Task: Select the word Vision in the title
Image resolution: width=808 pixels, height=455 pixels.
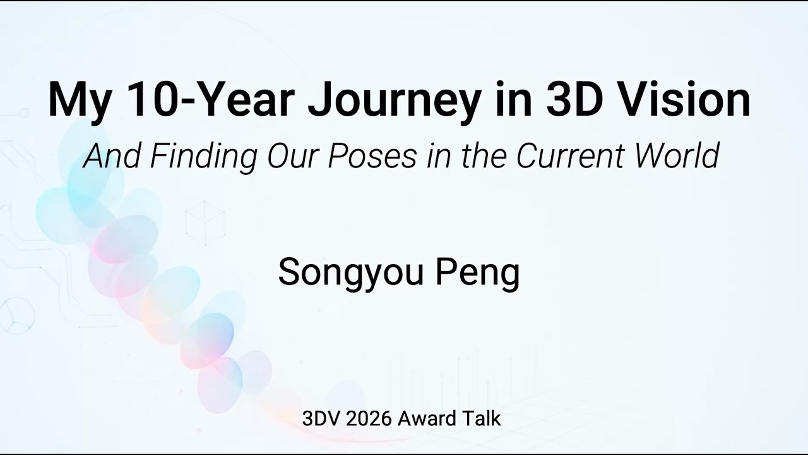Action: (x=682, y=99)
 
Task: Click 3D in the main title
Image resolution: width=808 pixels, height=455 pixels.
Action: (x=574, y=99)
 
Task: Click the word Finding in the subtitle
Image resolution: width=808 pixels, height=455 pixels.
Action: (x=204, y=156)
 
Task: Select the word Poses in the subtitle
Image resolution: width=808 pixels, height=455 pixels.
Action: (x=372, y=156)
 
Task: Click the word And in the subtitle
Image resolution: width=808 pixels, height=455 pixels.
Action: (x=112, y=155)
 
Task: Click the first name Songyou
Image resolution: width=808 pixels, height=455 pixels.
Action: (x=350, y=273)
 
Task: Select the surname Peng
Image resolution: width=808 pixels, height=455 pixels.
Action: (x=478, y=273)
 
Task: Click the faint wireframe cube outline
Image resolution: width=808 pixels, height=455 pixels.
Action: (x=205, y=222)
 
